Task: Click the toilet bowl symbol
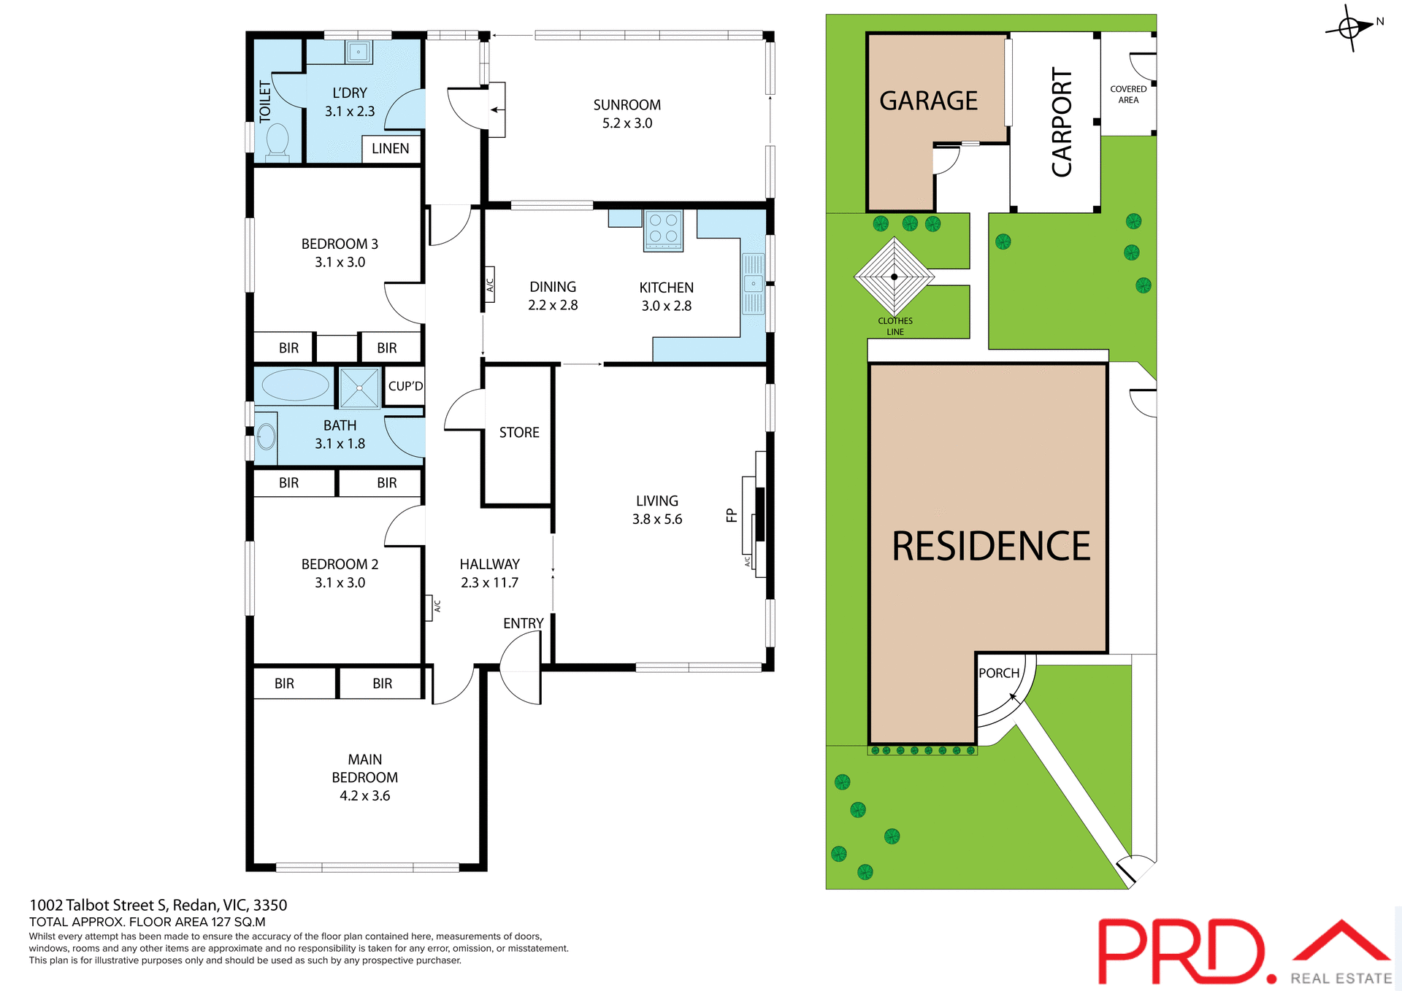[277, 140]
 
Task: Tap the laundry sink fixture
[358, 53]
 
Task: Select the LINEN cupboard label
[390, 149]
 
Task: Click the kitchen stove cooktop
[663, 230]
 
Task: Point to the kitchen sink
[753, 284]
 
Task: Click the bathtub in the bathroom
[295, 385]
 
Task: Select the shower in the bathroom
[359, 388]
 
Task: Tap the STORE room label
[519, 433]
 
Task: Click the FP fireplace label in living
[732, 516]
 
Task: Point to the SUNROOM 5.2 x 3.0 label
[627, 114]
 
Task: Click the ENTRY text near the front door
[523, 623]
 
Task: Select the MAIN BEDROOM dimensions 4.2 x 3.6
[364, 796]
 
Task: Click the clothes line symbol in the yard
[894, 277]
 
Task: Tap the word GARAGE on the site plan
[928, 101]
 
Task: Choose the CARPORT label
[1061, 122]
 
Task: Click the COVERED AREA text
[1128, 95]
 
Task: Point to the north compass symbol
[1350, 28]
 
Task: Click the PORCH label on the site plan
[998, 674]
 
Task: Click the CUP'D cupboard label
[405, 386]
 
